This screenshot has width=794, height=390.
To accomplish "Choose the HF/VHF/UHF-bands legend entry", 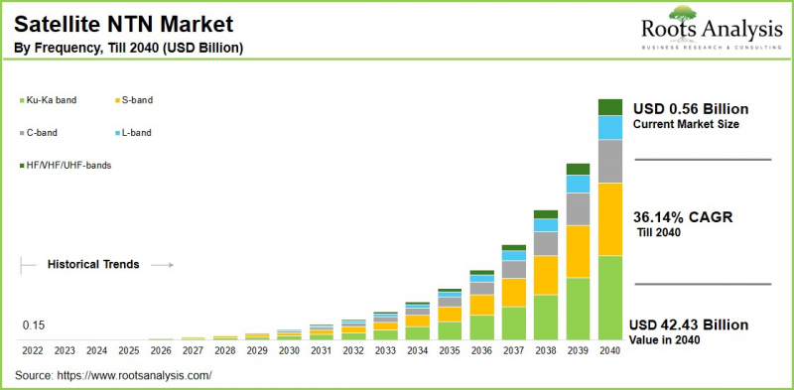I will coord(67,165).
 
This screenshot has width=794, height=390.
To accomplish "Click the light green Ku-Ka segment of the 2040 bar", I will coord(609,298).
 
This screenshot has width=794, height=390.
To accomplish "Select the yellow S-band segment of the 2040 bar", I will coord(609,219).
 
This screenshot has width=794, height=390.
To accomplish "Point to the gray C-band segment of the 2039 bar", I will coord(578,209).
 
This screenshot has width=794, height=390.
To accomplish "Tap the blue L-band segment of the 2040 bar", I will coord(609,127).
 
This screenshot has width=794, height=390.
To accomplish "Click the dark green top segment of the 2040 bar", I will coord(609,107).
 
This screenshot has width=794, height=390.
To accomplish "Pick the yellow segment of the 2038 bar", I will coord(546,275).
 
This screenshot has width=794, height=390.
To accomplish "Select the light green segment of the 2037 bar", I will coord(513,323).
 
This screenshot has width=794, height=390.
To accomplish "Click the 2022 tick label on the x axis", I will coord(33,350).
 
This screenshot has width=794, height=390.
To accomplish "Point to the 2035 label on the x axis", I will coord(450,350).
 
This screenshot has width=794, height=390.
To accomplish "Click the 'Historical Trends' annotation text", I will coord(93,264).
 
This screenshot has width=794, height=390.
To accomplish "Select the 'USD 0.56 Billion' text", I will coord(690,108).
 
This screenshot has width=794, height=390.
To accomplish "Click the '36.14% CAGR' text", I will coord(683,216).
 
